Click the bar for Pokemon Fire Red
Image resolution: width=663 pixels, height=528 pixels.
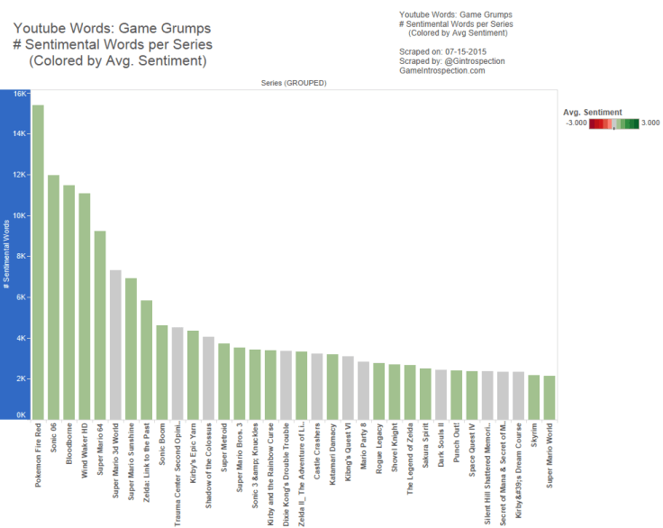coord(38,261)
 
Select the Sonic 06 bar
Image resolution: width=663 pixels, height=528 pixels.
coord(53,297)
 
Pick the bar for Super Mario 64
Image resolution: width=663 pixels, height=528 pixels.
coord(100,324)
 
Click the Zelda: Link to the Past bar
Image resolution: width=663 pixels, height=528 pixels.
coord(146,360)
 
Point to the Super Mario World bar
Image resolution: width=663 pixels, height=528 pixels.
coord(549,397)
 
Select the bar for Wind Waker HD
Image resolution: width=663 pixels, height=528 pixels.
coord(84,306)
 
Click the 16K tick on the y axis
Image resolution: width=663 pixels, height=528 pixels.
coord(19,93)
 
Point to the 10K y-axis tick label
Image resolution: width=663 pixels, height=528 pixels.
coord(19,216)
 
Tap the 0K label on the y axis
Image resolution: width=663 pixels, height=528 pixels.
coord(20,414)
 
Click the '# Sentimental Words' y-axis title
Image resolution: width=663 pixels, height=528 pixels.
coord(7,256)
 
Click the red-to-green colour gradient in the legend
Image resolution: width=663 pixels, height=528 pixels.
coord(613,124)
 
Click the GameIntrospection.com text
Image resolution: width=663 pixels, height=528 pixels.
coord(441,70)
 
